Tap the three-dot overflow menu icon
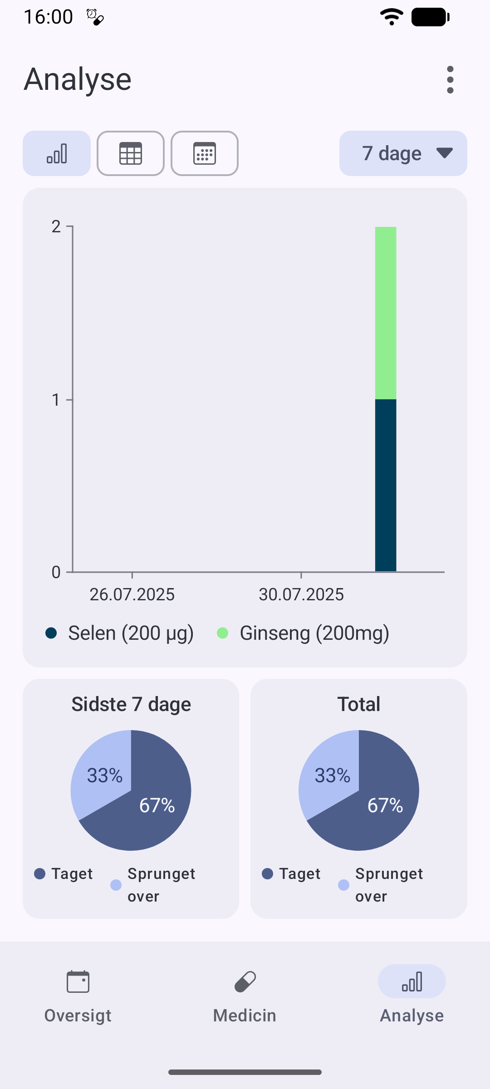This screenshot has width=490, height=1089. tap(450, 80)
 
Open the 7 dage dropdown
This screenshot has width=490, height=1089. tap(403, 153)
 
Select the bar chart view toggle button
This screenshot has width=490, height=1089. tap(57, 153)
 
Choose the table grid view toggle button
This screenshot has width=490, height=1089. tap(131, 153)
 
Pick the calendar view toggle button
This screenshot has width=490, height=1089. tap(205, 153)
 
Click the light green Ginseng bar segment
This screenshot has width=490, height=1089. tap(386, 313)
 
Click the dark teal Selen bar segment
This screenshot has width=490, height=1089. tap(386, 486)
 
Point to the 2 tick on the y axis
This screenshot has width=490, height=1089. tap(69, 226)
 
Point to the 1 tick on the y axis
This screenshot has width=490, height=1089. tap(69, 399)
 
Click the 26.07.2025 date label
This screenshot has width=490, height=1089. tap(132, 594)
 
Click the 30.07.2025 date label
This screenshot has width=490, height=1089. tap(301, 594)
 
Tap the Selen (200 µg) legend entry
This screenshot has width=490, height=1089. tap(120, 633)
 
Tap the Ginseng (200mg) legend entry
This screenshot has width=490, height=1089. tap(303, 633)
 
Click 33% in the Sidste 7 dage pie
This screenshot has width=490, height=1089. tap(105, 775)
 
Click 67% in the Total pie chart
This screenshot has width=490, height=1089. tap(385, 805)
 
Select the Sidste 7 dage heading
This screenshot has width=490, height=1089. tap(131, 704)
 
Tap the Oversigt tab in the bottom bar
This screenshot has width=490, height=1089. tap(78, 996)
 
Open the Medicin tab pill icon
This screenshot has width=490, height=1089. tap(245, 982)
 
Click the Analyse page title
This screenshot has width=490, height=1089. tap(78, 79)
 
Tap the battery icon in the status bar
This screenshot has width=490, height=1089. tap(431, 17)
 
